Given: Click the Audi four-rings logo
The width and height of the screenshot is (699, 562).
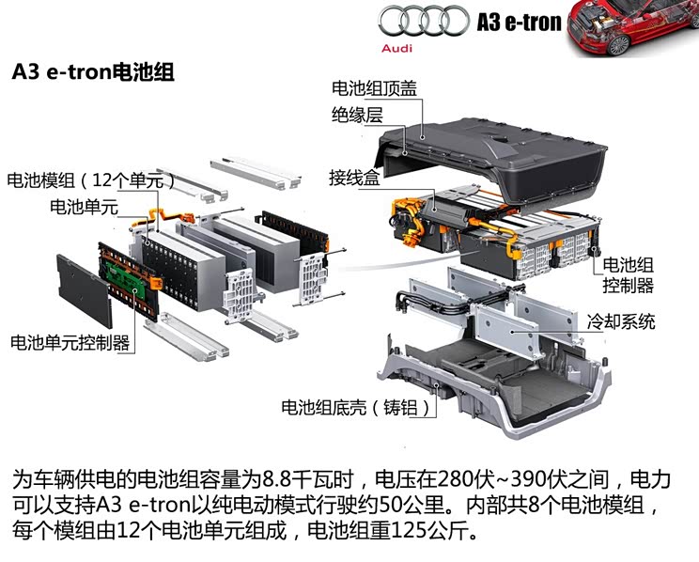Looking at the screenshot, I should click(420, 21).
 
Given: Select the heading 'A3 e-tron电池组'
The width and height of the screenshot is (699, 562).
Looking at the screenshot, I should click(91, 72).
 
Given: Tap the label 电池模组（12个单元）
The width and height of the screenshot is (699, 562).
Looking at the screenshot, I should click(90, 180).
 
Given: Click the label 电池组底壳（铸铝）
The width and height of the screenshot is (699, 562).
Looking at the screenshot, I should click(360, 408).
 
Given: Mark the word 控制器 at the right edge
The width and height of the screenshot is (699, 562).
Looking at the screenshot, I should click(628, 286).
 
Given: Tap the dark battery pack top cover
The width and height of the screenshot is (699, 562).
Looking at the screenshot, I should click(498, 150).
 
